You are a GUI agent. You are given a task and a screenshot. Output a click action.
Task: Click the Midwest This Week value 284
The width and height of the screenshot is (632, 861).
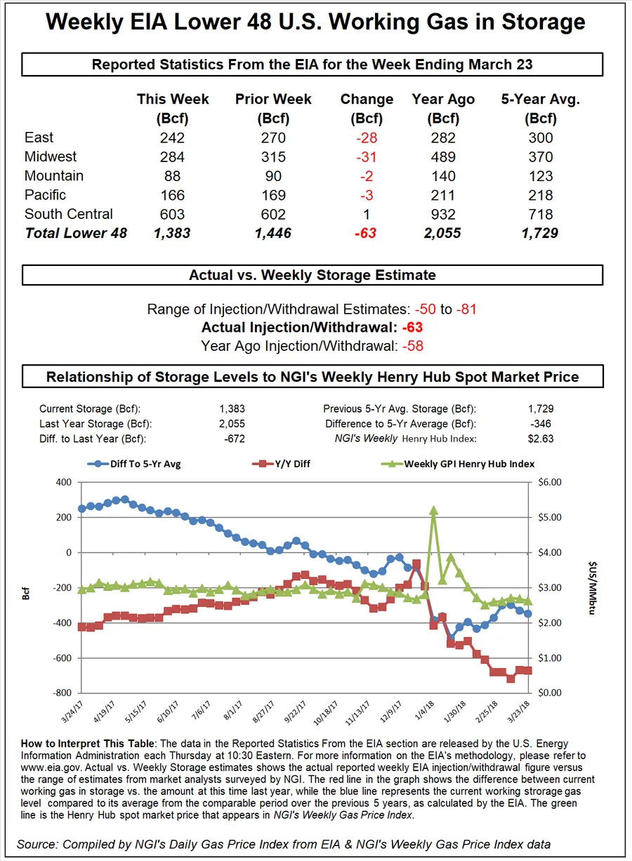[172, 156]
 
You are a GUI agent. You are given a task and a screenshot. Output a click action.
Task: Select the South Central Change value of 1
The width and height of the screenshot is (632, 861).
[367, 214]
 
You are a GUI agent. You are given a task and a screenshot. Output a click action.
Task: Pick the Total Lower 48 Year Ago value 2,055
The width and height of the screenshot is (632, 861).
[443, 233]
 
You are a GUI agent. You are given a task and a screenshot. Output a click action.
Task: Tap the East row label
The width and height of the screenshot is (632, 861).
[39, 138]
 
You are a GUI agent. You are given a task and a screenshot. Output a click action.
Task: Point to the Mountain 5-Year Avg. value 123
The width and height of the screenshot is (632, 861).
[541, 176]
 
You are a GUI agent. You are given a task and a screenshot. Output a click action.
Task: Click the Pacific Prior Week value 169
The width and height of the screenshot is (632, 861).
[273, 195]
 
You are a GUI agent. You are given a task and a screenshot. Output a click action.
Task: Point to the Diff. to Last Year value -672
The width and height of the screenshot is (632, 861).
[232, 439]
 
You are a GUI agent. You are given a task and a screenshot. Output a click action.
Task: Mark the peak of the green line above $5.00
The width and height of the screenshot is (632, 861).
[434, 511]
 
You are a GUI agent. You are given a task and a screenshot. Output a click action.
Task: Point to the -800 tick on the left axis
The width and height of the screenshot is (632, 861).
[61, 693]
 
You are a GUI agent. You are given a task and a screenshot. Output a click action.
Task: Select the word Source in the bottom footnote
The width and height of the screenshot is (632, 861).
[37, 844]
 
